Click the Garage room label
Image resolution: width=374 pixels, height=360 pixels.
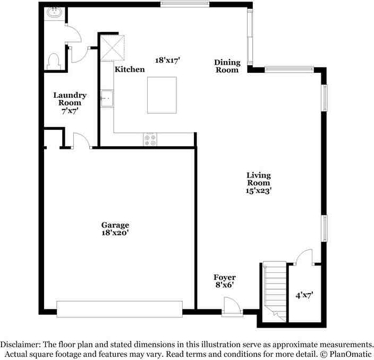point(115,225)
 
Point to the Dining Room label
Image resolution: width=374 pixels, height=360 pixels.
point(227,63)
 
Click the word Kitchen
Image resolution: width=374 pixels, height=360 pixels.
point(130,70)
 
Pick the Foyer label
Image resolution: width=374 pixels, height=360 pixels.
point(224,278)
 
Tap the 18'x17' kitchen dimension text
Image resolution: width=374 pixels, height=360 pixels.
point(168,60)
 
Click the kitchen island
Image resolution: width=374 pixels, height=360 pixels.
point(161,95)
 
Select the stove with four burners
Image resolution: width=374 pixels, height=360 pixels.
point(150,140)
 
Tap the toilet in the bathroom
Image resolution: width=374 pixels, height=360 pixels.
point(53,62)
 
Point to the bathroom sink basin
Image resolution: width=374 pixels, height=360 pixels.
point(54,13)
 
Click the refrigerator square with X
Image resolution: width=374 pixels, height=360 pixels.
point(113,47)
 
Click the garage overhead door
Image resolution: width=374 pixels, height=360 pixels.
point(120,309)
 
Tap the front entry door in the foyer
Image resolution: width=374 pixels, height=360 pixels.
point(233,307)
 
